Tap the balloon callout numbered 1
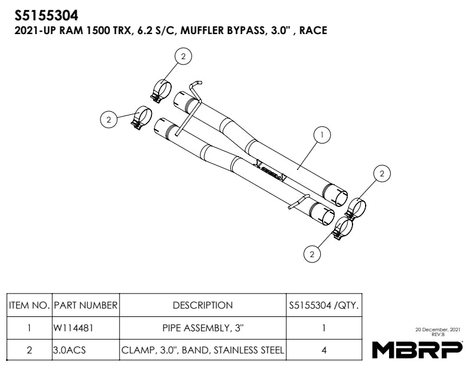323,136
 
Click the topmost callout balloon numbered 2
183,56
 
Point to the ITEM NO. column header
29,305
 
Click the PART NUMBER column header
86,305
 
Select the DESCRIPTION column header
202,305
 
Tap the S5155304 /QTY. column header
323,305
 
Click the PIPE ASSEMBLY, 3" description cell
202,328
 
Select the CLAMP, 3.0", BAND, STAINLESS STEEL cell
202,350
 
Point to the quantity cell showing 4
323,350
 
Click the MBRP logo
417,349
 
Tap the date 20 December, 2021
437,330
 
